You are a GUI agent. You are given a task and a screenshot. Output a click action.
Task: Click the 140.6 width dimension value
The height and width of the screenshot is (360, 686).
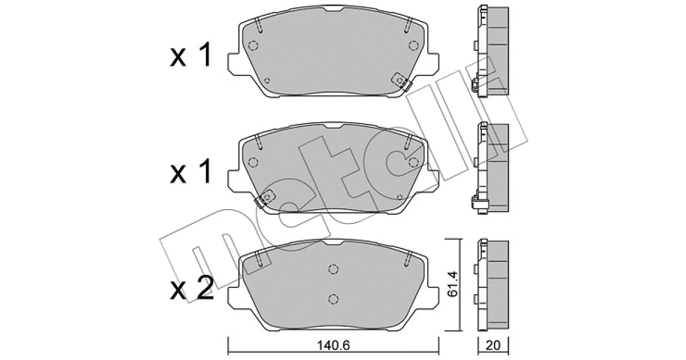[x=333, y=346]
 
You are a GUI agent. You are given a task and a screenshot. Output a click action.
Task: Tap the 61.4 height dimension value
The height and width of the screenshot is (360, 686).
[x=452, y=284]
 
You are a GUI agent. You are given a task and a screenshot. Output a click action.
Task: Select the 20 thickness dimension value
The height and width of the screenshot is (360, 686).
[x=493, y=346]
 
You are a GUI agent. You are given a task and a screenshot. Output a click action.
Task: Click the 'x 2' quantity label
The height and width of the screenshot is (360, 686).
[x=192, y=287]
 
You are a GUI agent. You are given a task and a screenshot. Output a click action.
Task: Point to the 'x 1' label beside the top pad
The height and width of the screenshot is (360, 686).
[x=191, y=54]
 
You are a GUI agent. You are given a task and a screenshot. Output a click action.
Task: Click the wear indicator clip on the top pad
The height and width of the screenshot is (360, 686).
[x=401, y=82]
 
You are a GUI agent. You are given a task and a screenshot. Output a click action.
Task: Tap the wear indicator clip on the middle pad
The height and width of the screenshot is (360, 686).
[x=265, y=198]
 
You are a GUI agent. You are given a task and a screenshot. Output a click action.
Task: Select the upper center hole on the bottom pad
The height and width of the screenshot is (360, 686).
[x=333, y=269]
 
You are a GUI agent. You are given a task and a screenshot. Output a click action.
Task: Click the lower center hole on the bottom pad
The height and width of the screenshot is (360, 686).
[x=333, y=299]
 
